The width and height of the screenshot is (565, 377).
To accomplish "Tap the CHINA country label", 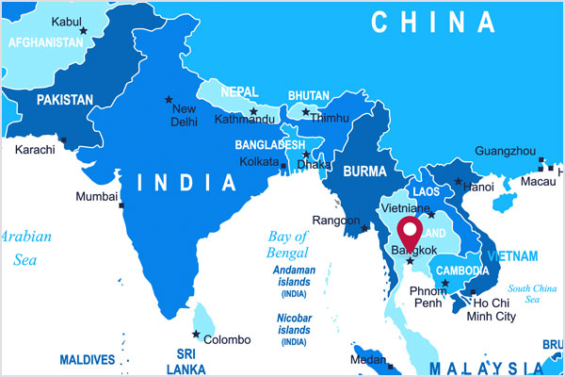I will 432,22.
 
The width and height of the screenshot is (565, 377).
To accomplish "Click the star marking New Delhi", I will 169,99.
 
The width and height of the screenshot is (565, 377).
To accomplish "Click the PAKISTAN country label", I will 64,99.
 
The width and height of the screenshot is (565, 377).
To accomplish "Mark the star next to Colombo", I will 196,334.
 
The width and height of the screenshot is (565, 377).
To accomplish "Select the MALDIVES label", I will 87,359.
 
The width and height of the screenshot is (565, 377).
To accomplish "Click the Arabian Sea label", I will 25,247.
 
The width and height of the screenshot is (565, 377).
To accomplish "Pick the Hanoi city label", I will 478,188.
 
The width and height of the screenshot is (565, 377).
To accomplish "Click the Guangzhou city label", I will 506,151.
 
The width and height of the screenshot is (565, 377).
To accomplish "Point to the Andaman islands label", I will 294,276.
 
